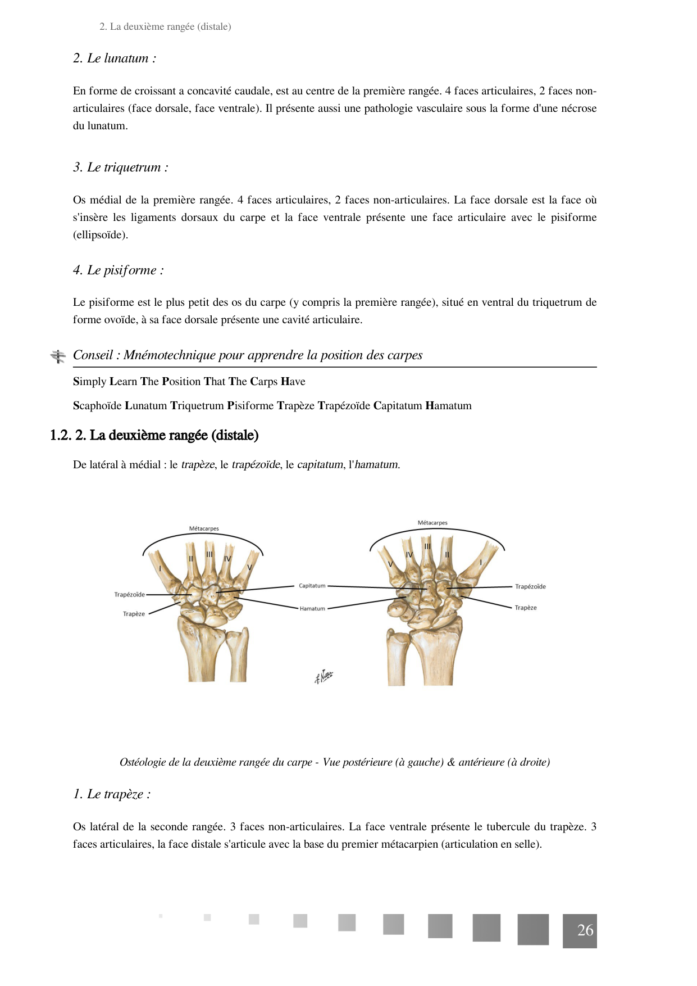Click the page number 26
585,930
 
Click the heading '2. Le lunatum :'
115,58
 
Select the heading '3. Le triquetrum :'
120,168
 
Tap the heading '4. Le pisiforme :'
118,270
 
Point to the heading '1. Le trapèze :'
112,794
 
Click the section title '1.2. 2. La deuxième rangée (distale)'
154,436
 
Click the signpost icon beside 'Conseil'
58,356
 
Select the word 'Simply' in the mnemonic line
90,382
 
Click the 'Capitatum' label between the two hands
312,586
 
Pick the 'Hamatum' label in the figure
312,609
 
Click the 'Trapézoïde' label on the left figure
129,595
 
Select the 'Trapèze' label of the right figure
525,608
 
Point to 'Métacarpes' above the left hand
204,529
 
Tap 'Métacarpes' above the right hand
432,523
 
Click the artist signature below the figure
324,676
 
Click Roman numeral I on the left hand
160,569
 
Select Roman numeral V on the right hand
390,564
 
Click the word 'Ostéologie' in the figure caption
143,762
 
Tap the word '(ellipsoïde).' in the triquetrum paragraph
101,235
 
